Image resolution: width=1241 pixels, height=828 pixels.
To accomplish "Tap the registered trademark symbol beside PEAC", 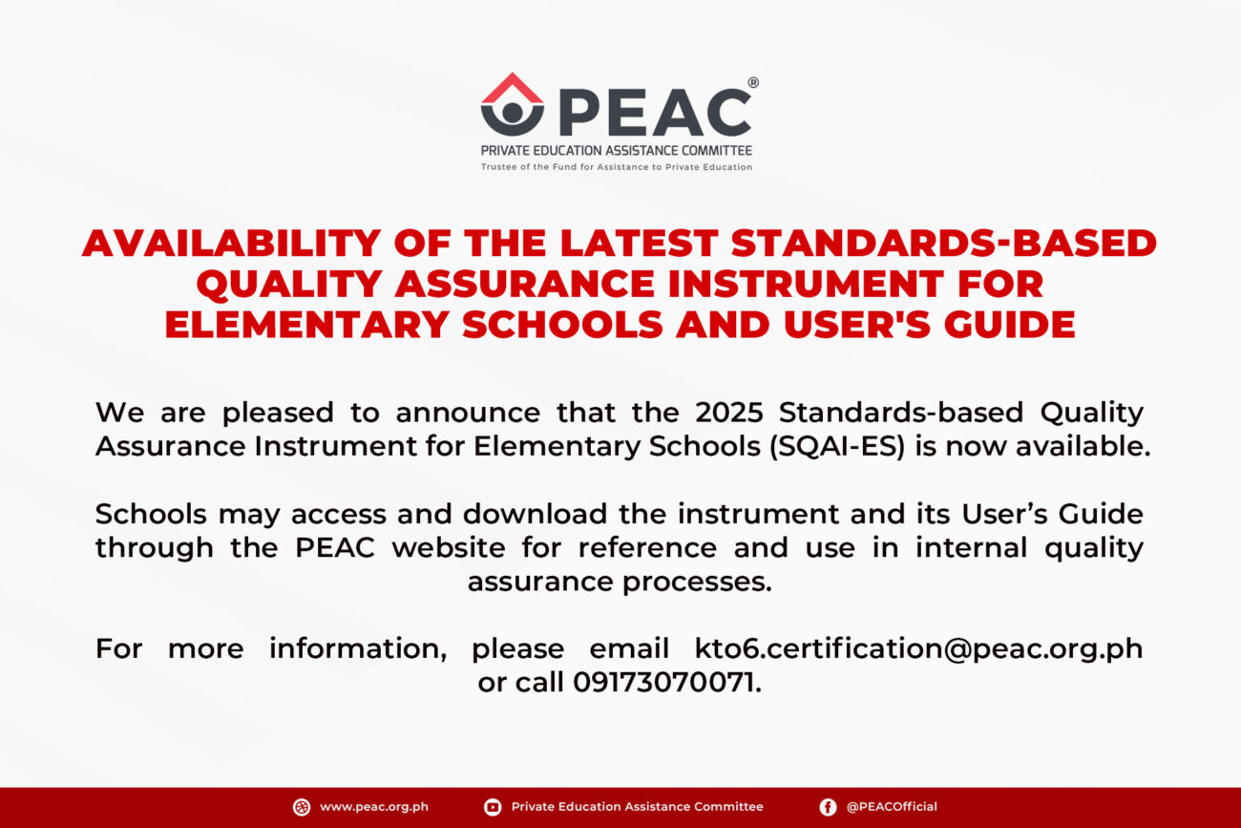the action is pos(753,82).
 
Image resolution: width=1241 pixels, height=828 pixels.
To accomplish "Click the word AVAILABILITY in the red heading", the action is pos(232,243).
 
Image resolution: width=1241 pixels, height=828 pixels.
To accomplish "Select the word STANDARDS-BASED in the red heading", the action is pos(944,243).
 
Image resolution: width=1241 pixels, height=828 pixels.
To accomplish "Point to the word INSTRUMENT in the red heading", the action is pos(806,284).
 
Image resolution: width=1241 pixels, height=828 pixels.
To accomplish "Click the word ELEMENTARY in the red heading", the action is pos(307,325).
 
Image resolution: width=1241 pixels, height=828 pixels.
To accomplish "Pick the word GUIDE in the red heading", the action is pos(1010,325).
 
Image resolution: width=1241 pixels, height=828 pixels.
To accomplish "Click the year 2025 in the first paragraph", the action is pos(729,413).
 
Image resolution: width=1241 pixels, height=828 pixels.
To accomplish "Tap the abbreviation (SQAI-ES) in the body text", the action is pos(837,447).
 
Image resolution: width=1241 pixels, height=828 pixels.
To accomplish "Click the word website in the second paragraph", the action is pos(449,547).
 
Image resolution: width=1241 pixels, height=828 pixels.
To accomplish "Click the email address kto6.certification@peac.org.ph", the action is pos(919,649).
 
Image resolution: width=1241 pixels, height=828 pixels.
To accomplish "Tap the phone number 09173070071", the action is pos(663,682).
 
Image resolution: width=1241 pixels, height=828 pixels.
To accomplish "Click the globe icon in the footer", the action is pos(302,807).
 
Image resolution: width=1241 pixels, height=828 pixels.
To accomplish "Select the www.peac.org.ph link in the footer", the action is pos(374,807).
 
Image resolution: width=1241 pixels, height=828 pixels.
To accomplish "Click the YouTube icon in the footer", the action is pos(493,807).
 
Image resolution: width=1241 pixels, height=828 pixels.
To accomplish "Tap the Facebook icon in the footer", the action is pos(828,807).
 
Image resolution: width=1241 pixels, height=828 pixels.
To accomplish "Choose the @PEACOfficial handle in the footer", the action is pos(892,807).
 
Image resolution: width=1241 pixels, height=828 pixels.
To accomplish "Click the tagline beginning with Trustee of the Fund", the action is pos(617,167).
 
